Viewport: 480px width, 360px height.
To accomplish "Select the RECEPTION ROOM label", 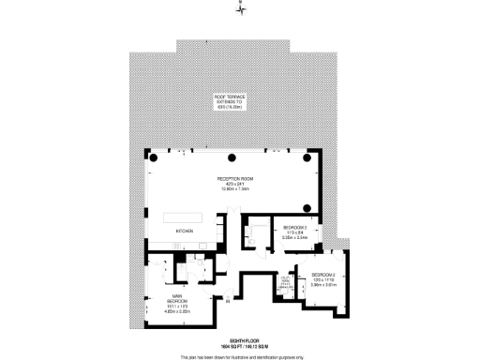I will tap(231, 177).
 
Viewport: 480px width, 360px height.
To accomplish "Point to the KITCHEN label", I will tap(185, 230).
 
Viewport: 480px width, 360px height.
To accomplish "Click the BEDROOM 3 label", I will tap(296, 228).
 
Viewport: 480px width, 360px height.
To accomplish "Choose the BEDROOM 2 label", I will tap(324, 273).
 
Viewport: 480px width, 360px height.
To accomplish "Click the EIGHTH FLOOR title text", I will tap(240, 339).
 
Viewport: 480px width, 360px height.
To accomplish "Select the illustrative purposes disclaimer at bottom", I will tap(240, 356).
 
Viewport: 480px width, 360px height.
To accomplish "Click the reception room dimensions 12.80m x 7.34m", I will tap(231, 188).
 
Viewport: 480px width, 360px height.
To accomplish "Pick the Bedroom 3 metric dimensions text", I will tap(296, 238).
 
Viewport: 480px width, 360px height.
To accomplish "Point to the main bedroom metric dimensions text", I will tap(164, 313).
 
